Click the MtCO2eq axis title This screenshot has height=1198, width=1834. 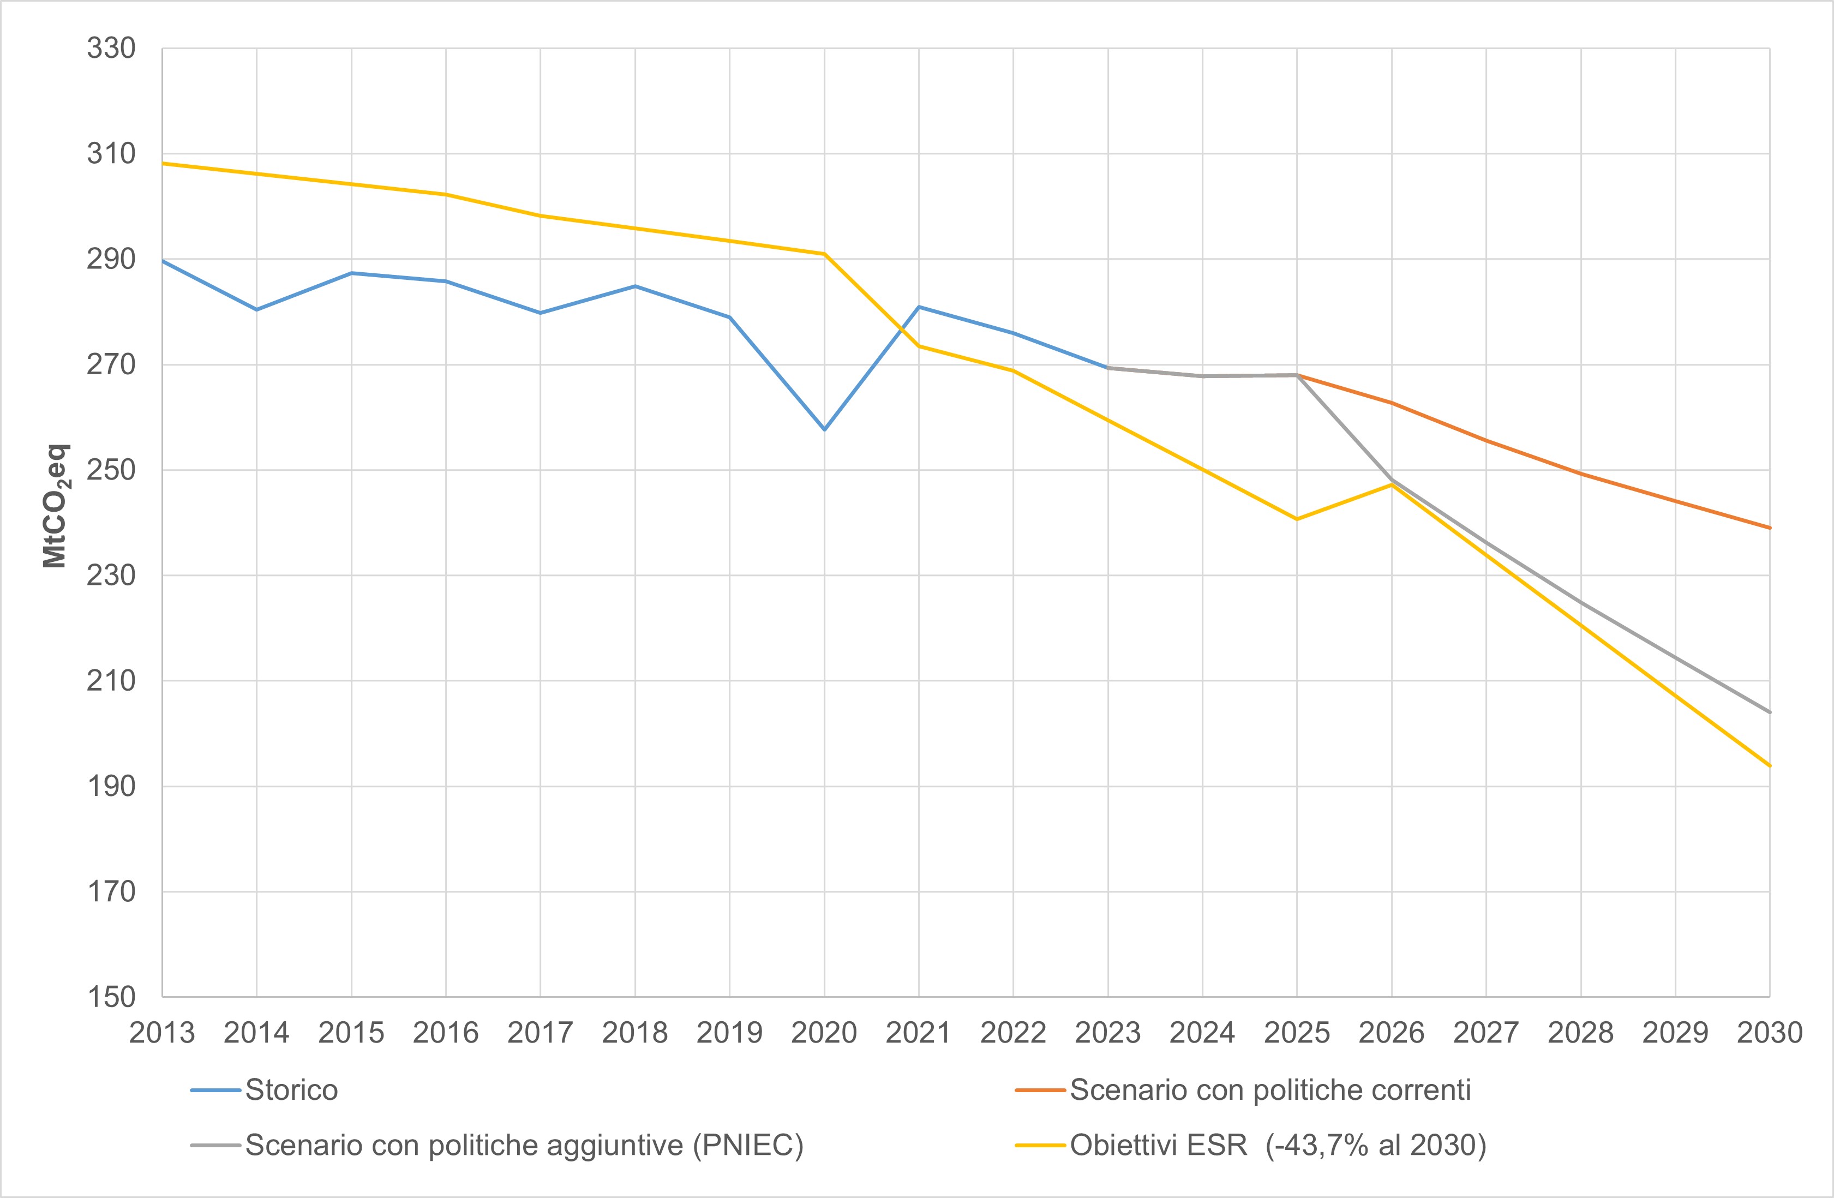coord(56,506)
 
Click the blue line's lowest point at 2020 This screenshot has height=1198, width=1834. coord(824,429)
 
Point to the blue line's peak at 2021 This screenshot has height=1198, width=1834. coord(919,307)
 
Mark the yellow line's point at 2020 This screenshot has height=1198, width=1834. coord(824,254)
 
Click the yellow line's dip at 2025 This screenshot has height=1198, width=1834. coord(1297,519)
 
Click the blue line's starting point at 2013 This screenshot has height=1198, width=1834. coord(163,261)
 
